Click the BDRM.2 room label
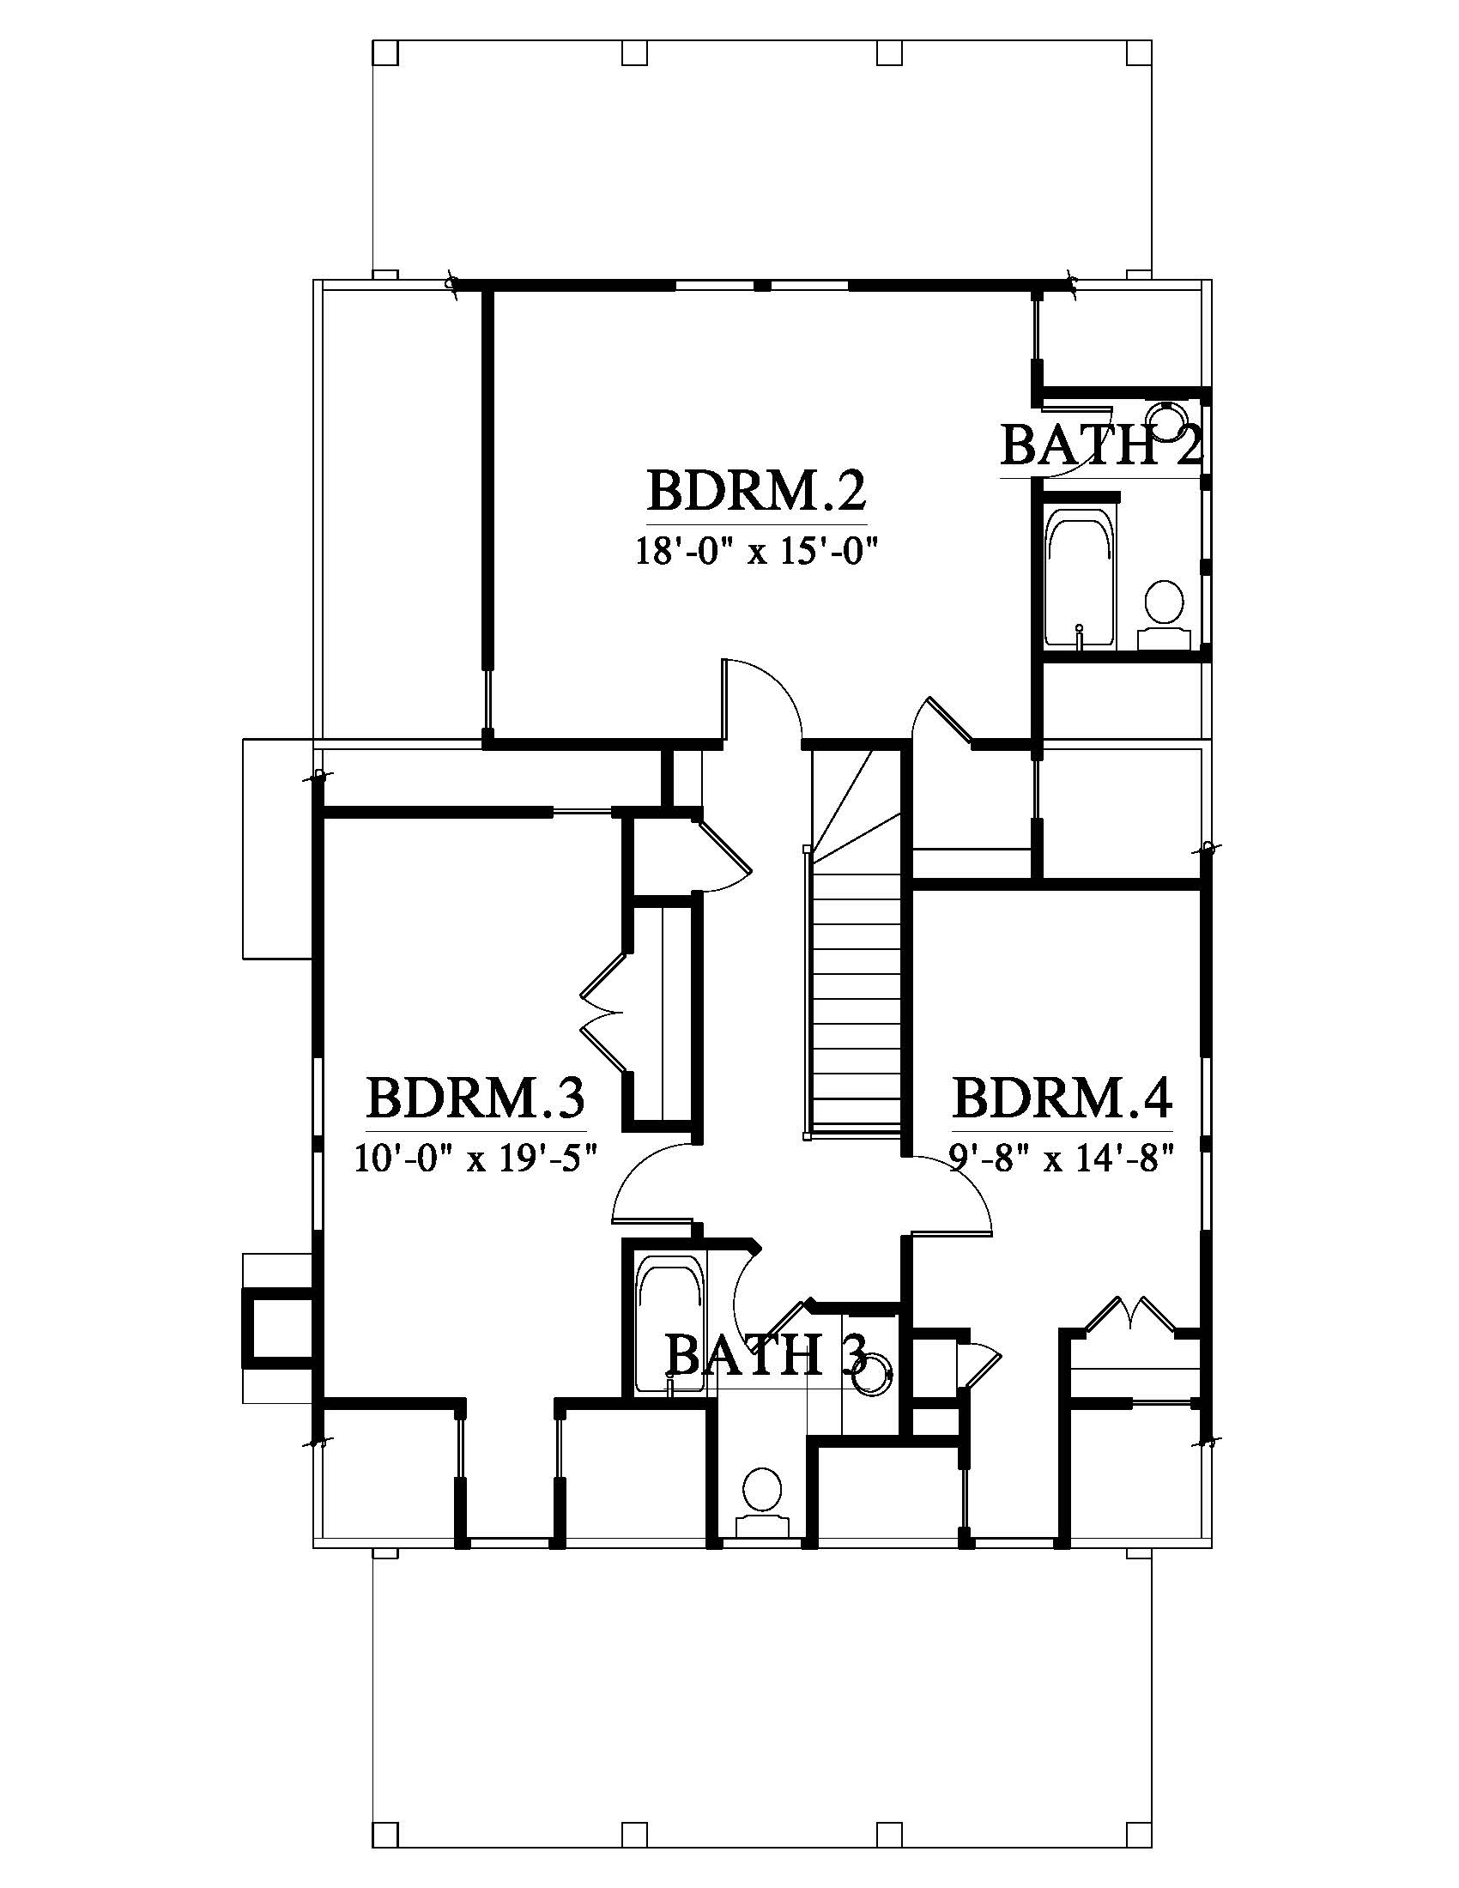(756, 492)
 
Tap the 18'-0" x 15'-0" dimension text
(757, 550)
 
